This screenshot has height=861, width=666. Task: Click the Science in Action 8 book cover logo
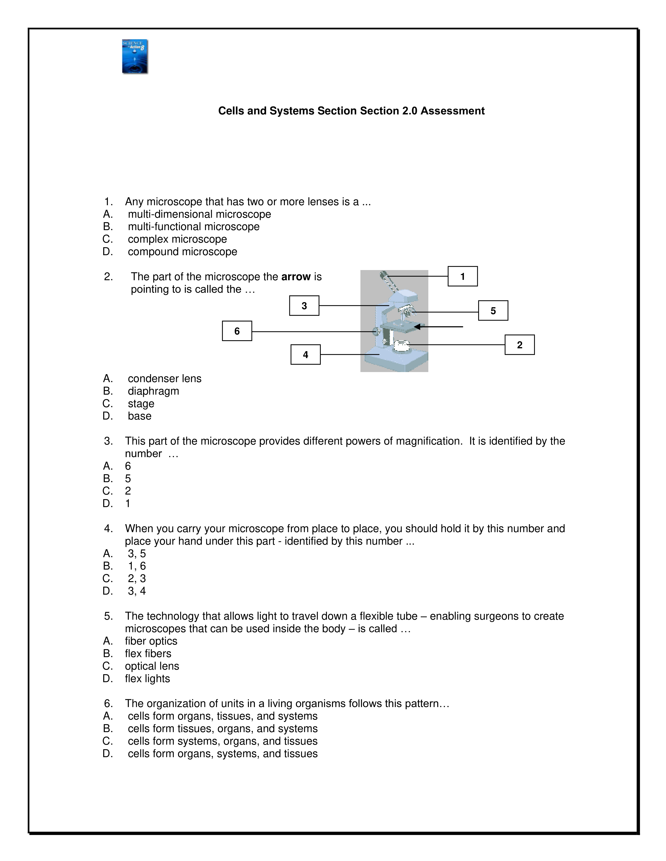click(135, 56)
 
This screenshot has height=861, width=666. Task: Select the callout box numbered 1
click(462, 276)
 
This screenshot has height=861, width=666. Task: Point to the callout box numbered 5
click(493, 311)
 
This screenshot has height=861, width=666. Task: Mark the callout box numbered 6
click(237, 331)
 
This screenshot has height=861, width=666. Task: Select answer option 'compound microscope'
click(182, 252)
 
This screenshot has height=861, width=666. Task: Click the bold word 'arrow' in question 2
click(296, 277)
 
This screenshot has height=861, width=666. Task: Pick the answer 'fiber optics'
click(151, 641)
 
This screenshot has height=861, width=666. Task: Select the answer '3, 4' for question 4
click(137, 591)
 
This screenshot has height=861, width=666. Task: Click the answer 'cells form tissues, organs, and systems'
click(223, 728)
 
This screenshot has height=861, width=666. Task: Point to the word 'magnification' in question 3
click(429, 441)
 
